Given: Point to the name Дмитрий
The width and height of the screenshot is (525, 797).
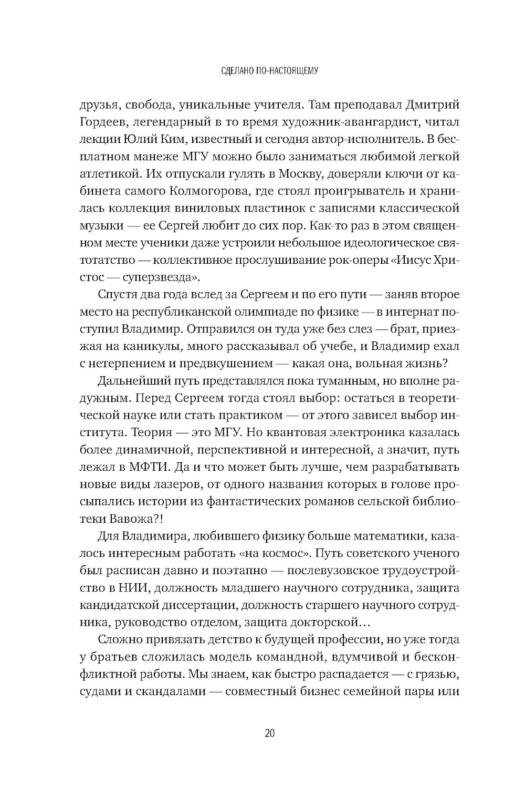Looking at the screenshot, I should (430, 104).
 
